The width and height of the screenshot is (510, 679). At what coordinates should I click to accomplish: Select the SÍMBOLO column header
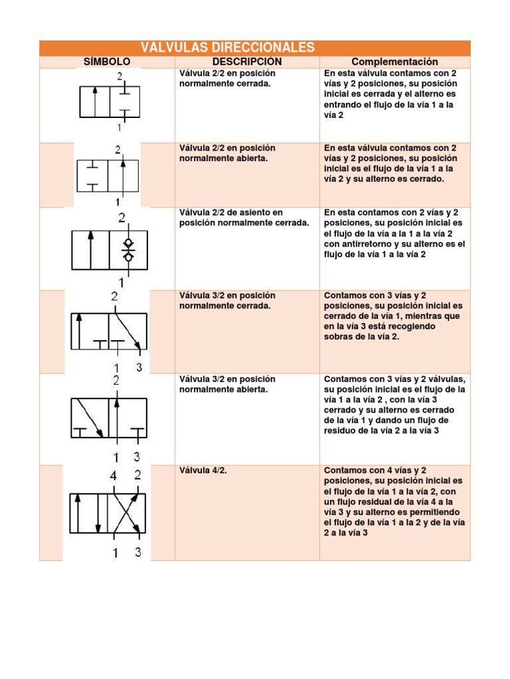tap(107, 62)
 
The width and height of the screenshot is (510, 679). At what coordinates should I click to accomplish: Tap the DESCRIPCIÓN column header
tap(247, 62)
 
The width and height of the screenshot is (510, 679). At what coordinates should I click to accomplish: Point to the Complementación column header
tap(395, 62)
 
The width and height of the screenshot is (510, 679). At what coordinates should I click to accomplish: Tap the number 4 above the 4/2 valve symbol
tap(114, 475)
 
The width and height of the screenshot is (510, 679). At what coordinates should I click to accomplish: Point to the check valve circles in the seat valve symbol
tap(128, 249)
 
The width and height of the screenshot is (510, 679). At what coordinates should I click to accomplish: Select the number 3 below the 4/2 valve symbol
tap(138, 552)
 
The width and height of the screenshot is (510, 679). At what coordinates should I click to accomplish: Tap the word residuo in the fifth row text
tap(340, 431)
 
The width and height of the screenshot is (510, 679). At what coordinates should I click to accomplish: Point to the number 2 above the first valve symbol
tap(120, 76)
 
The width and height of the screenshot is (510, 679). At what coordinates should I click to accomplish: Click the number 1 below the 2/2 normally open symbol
tap(118, 202)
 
